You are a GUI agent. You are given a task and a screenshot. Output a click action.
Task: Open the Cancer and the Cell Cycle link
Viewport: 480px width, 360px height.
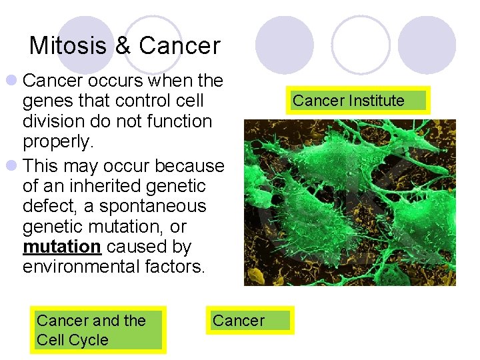(x=99, y=330)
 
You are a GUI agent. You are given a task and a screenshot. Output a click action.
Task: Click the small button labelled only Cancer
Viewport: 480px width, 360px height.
(x=248, y=321)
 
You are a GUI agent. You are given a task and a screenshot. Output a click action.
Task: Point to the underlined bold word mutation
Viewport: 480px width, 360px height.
(x=61, y=247)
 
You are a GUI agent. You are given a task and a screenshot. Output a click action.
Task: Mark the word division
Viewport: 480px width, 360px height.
(x=51, y=122)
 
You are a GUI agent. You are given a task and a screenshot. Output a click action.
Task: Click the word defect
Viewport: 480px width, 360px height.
(x=47, y=206)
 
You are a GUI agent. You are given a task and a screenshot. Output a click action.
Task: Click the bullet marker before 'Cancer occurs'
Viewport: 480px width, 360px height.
(x=11, y=81)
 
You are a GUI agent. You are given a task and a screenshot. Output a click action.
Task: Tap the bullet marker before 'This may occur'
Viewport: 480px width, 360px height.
(x=11, y=165)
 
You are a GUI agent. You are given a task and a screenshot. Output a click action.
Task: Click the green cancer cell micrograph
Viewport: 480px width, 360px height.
(x=349, y=203)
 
